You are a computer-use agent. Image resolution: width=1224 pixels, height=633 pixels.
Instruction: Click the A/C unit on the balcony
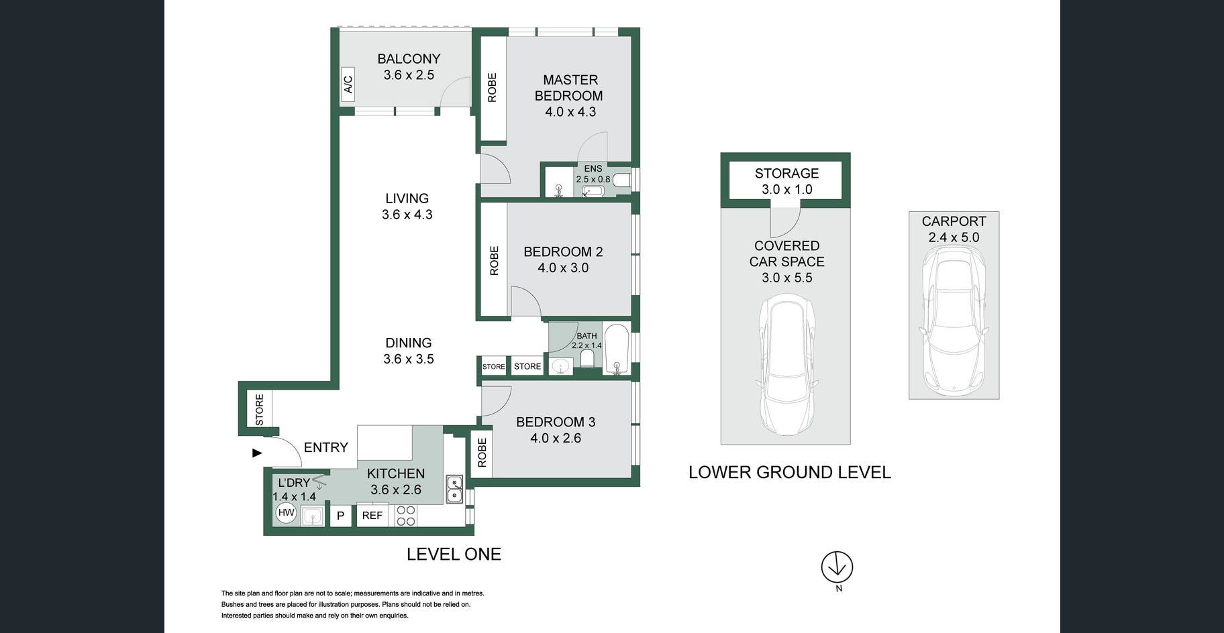click(348, 84)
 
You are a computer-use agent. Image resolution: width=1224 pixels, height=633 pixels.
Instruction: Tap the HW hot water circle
click(286, 513)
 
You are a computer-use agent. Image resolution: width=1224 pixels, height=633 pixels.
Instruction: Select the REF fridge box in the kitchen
click(372, 515)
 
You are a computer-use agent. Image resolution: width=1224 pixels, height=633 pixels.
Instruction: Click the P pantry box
click(340, 516)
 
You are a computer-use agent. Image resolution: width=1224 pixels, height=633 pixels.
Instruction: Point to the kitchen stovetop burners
click(405, 516)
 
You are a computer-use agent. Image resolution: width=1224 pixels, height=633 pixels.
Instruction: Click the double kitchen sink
click(454, 490)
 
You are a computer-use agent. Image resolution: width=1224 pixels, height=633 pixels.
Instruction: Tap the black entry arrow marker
click(256, 453)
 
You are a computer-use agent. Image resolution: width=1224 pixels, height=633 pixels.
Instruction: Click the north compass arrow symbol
click(837, 567)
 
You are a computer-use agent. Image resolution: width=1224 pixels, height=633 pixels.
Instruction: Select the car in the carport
click(954, 319)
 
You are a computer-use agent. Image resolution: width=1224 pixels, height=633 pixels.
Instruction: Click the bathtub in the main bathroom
click(615, 349)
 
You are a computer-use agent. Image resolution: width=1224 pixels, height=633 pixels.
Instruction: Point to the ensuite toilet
click(621, 180)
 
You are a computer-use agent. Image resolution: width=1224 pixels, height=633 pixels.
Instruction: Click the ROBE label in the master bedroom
click(492, 87)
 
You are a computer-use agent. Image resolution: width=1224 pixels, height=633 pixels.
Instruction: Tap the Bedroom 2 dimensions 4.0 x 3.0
click(563, 268)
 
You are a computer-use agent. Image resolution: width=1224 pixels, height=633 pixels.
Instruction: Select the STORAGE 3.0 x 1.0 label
click(786, 181)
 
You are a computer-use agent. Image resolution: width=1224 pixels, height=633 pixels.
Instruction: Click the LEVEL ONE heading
click(454, 554)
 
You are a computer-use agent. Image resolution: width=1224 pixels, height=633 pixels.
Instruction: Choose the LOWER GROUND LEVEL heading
click(789, 472)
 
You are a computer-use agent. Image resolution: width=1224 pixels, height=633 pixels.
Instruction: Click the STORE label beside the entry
click(260, 409)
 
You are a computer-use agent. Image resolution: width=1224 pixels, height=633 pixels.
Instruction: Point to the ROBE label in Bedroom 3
click(482, 453)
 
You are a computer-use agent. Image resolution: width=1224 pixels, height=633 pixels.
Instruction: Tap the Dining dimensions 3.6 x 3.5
click(408, 359)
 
